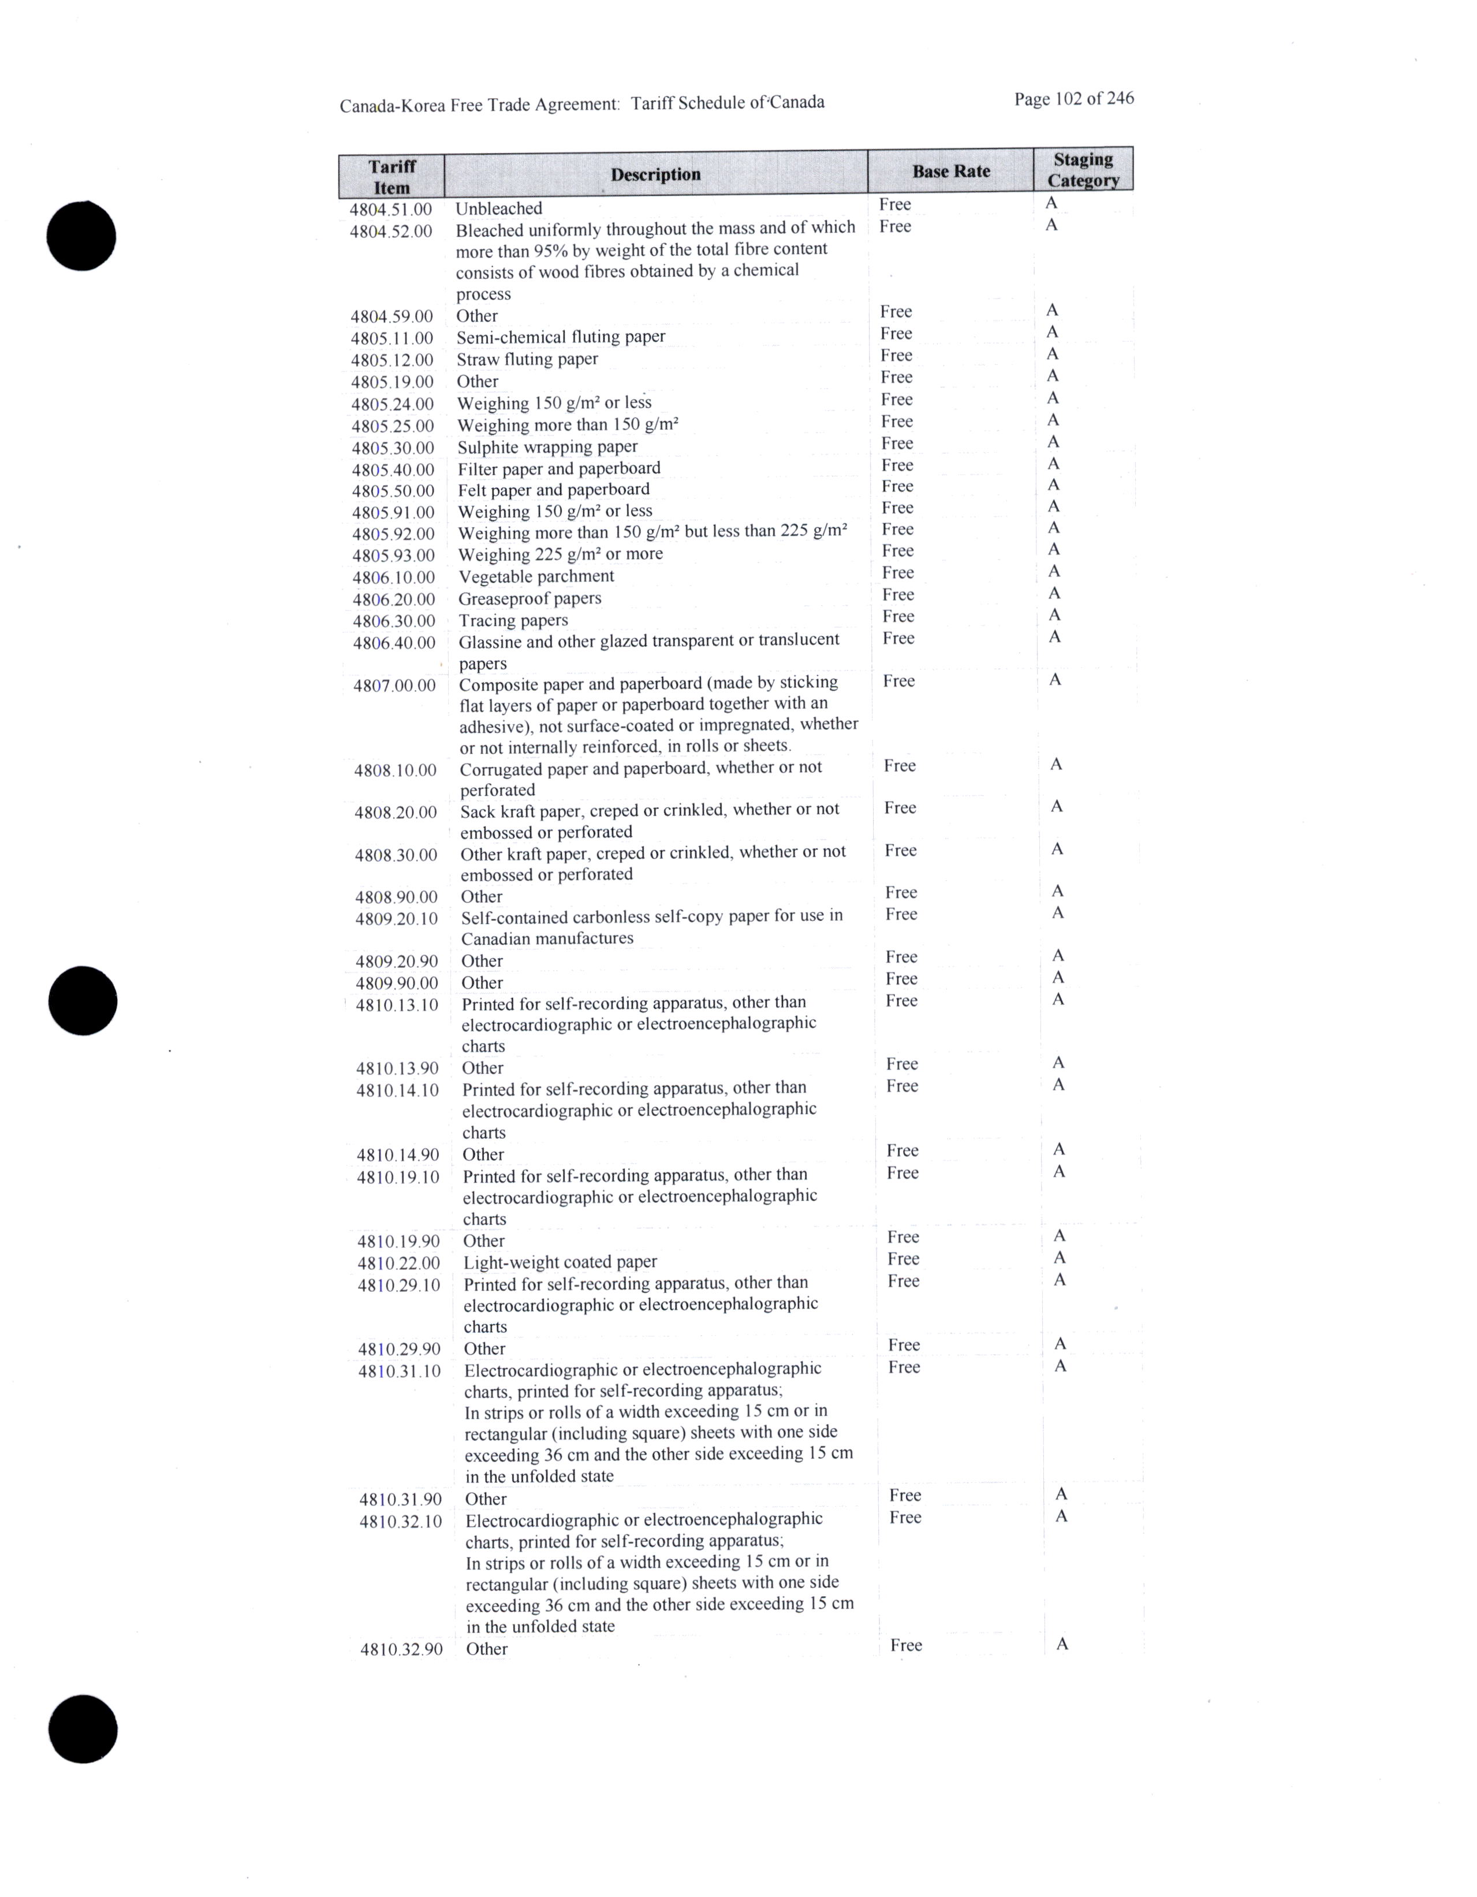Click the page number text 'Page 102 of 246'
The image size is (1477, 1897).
click(1073, 99)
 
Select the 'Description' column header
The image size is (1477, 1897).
click(655, 174)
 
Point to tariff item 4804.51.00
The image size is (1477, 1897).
click(391, 209)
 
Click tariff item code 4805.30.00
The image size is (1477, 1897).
click(393, 448)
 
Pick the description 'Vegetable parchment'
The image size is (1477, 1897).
click(536, 577)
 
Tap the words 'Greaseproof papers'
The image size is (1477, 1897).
click(529, 598)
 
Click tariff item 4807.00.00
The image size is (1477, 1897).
click(394, 686)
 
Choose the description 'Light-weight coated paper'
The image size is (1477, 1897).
click(560, 1262)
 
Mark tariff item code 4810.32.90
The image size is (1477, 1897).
click(401, 1649)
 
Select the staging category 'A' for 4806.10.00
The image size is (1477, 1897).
click(1054, 572)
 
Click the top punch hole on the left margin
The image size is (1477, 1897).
click(81, 236)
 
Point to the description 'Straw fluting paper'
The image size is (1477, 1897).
click(527, 360)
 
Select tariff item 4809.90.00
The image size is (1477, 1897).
click(397, 983)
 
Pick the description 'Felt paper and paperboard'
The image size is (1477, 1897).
click(553, 490)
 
